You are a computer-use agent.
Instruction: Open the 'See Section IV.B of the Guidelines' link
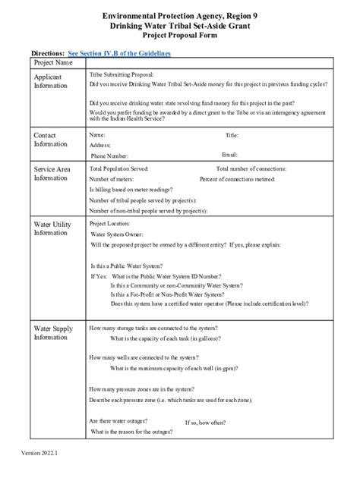(119, 54)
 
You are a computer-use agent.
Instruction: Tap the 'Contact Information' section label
(51, 140)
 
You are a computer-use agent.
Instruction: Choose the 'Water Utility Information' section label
(54, 229)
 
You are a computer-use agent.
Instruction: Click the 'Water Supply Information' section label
(54, 332)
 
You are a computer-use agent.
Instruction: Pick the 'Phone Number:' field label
(115, 155)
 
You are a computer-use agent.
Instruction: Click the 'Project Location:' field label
(112, 225)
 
